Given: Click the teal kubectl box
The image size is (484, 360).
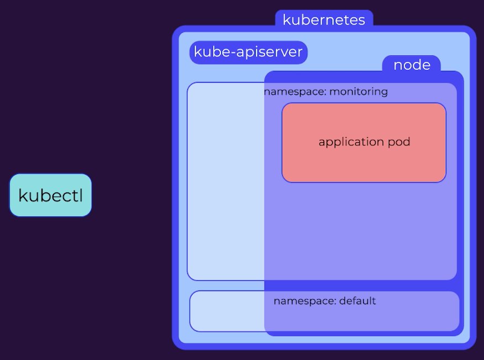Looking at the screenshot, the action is click(51, 195).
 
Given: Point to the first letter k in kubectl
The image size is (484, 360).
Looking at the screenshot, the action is click(22, 195).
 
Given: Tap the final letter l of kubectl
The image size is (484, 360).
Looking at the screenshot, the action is click(81, 195).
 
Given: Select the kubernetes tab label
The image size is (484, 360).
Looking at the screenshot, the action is click(324, 20).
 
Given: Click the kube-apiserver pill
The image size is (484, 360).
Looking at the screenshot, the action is click(249, 52).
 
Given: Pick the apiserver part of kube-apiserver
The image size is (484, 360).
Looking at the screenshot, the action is click(270, 52).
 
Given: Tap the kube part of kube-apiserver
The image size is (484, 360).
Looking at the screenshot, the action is click(212, 51).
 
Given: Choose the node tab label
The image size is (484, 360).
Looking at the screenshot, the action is click(412, 65).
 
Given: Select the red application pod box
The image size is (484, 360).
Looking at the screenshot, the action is click(364, 143).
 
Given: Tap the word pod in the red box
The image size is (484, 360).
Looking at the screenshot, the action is click(399, 142).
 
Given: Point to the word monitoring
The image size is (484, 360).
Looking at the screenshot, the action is click(359, 92).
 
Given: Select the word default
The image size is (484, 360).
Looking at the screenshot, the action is click(357, 301).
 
